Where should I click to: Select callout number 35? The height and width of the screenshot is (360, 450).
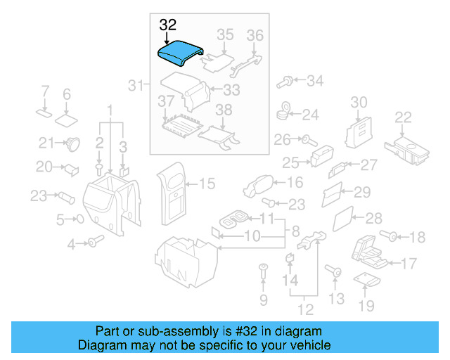click(224, 34)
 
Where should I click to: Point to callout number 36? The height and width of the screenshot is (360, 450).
click(255, 34)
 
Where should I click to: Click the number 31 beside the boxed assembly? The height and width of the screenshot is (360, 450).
click(136, 86)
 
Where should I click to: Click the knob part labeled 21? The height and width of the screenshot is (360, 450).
click(72, 144)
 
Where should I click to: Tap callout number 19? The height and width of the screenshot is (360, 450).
click(366, 305)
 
